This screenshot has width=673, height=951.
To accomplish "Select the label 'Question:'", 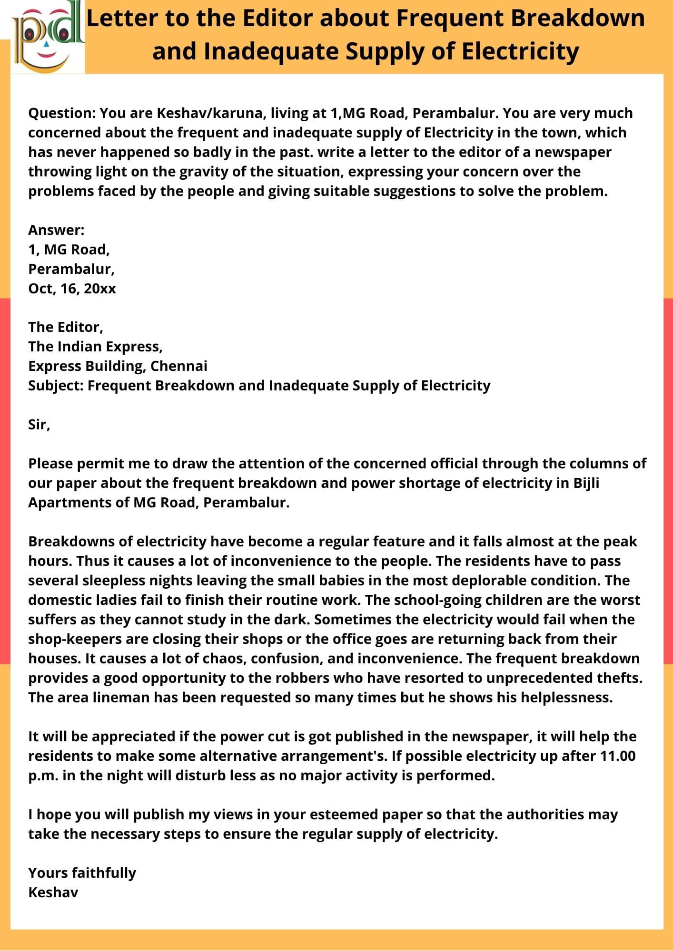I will pyautogui.click(x=62, y=113).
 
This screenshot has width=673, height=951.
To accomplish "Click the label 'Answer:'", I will pyautogui.click(x=56, y=230).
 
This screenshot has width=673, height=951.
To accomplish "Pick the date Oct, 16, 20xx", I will pyautogui.click(x=72, y=289).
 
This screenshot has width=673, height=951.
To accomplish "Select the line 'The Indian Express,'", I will pyautogui.click(x=95, y=347).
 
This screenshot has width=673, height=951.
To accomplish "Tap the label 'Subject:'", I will pyautogui.click(x=56, y=386).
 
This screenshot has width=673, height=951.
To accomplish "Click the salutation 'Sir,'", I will pyautogui.click(x=39, y=425).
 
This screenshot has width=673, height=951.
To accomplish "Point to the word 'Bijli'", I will pyautogui.click(x=586, y=483).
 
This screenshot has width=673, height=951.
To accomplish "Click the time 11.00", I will pyautogui.click(x=618, y=756).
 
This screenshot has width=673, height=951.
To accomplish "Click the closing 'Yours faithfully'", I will pyautogui.click(x=82, y=873).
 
